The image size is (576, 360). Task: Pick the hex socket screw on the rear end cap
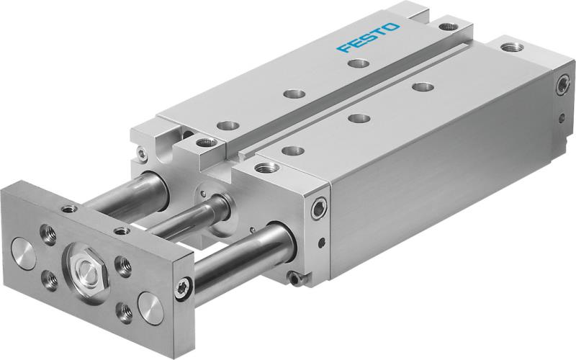click(x=562, y=86)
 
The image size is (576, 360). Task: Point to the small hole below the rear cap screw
click(x=561, y=114)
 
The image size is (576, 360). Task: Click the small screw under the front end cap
click(x=293, y=276)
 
